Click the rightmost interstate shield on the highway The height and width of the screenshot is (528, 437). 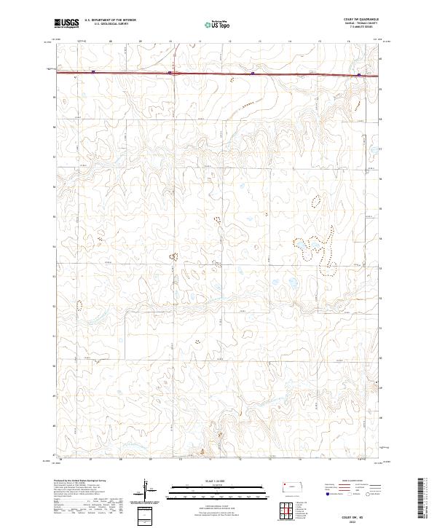pos(359,74)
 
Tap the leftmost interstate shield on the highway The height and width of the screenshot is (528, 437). pos(94,71)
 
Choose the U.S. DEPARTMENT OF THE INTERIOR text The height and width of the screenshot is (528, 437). pos(110,19)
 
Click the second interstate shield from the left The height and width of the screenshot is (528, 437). pos(169,72)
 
